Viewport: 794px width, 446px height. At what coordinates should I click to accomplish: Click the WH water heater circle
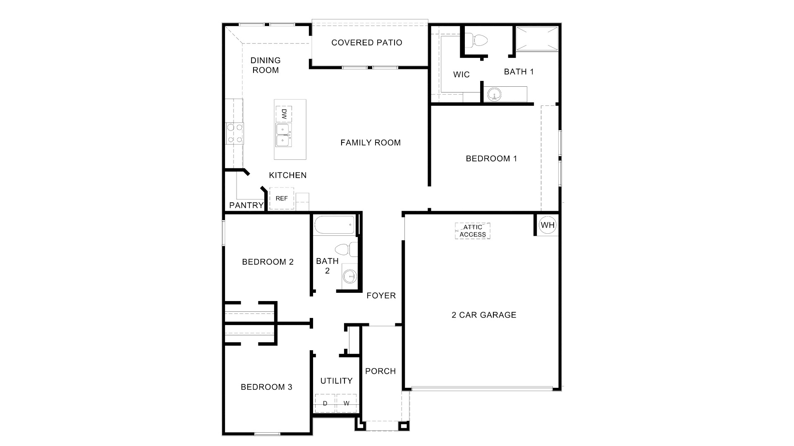point(548,225)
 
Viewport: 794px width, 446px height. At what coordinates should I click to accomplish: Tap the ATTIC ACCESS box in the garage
point(473,231)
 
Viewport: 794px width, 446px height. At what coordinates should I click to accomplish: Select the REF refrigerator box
point(282,199)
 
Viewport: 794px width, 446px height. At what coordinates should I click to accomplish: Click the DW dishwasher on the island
point(284,114)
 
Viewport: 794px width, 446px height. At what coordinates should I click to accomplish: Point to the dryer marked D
point(325,403)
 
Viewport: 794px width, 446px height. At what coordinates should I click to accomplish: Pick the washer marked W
point(347,403)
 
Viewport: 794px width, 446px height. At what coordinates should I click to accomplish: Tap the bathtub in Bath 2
point(334,225)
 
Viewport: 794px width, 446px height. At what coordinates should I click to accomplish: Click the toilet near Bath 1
point(479,40)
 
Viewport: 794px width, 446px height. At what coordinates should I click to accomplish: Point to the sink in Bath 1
point(494,95)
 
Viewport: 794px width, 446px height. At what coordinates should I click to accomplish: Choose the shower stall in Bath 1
point(537,38)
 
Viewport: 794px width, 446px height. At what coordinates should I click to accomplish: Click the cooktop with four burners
point(234,133)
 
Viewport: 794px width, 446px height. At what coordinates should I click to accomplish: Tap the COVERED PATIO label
point(367,43)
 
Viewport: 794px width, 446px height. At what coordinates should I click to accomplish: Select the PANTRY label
point(246,205)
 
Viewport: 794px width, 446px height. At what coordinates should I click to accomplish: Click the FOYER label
point(381,296)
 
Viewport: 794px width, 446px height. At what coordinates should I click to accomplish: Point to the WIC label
point(462,75)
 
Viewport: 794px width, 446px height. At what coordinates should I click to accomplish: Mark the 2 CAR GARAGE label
point(484,315)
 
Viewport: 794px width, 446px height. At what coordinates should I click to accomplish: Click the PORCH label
point(380,371)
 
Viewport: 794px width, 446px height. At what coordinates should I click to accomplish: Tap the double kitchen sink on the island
point(283,135)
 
